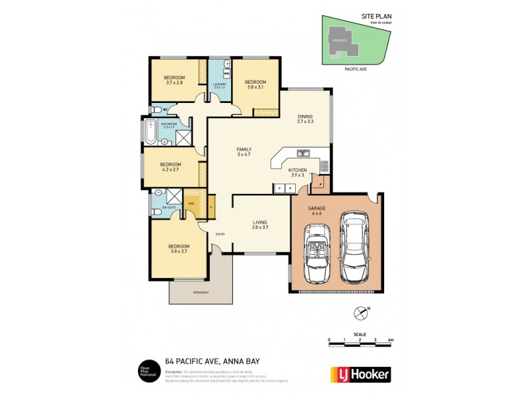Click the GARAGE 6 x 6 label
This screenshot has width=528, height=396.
click(317, 211)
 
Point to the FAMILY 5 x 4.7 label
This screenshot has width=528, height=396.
click(244, 152)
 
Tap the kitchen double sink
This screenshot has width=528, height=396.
click(304, 153)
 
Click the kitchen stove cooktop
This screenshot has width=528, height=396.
click(323, 166)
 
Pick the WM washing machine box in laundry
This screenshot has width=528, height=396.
click(226, 74)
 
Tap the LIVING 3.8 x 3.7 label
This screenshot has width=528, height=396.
click(259, 224)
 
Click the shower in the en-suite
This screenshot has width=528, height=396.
click(174, 196)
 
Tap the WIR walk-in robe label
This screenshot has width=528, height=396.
click(191, 203)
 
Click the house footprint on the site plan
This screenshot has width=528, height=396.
click(344, 38)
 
